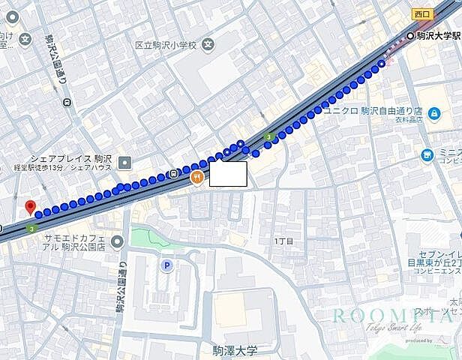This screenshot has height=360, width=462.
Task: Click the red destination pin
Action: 30,207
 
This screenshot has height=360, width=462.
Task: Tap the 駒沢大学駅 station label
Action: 439,36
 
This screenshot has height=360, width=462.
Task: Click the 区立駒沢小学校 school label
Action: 165,46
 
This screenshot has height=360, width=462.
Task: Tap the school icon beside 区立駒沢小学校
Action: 208,46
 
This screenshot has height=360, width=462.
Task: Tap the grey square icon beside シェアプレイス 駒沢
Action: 124,161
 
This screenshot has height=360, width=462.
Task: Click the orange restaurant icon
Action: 196,176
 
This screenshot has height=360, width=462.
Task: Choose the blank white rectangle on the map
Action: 227,174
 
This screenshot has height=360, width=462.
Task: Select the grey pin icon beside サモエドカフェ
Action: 117,241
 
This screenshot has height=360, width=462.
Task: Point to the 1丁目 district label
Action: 283,241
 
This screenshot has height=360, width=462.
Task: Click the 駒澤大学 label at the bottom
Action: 234,350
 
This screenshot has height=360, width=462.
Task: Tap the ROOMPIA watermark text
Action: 382,315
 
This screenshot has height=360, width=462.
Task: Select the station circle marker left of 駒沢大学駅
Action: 409,36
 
